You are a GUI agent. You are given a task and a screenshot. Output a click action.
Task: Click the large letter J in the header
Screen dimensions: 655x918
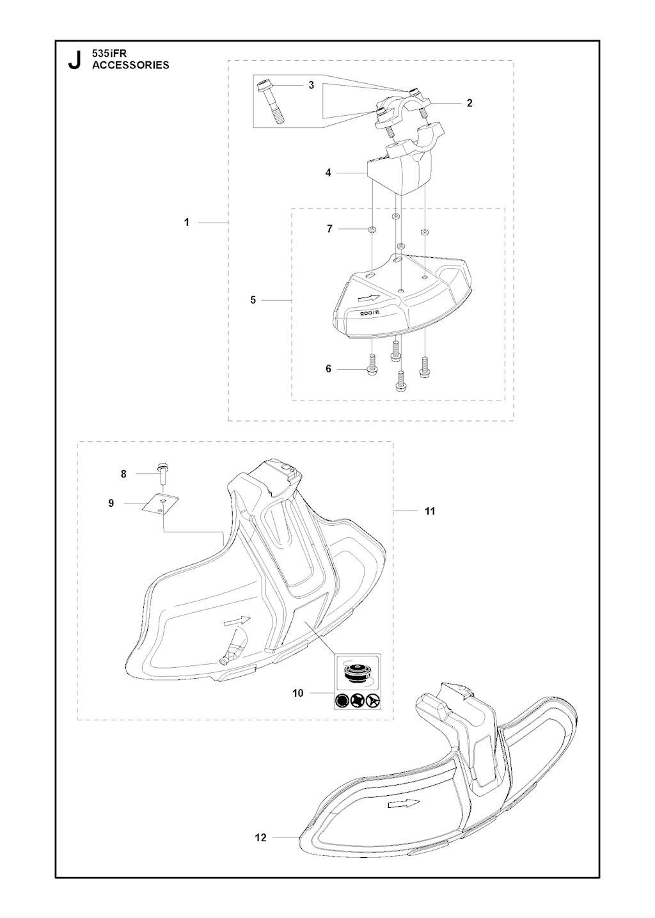tap(74, 60)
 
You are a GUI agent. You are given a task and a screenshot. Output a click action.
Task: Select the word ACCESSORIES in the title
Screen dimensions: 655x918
tap(130, 65)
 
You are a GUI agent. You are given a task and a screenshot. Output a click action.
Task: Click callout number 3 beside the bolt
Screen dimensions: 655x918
tap(311, 85)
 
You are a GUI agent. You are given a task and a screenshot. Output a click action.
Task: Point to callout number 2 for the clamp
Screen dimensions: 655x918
tap(470, 103)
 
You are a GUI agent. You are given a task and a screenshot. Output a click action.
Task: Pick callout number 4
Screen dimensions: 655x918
tap(328, 173)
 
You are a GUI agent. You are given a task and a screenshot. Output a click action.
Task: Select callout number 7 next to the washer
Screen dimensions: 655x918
tap(329, 228)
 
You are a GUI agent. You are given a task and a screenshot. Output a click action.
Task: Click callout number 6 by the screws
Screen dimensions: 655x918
tap(328, 369)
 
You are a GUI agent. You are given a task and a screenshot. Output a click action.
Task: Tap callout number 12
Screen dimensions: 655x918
tap(261, 837)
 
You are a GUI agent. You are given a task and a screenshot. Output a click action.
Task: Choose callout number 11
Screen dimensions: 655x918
tap(430, 511)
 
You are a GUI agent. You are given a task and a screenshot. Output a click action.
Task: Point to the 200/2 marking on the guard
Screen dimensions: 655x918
tap(370, 312)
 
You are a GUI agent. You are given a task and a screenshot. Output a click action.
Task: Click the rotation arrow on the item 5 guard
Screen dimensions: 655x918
tap(369, 297)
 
